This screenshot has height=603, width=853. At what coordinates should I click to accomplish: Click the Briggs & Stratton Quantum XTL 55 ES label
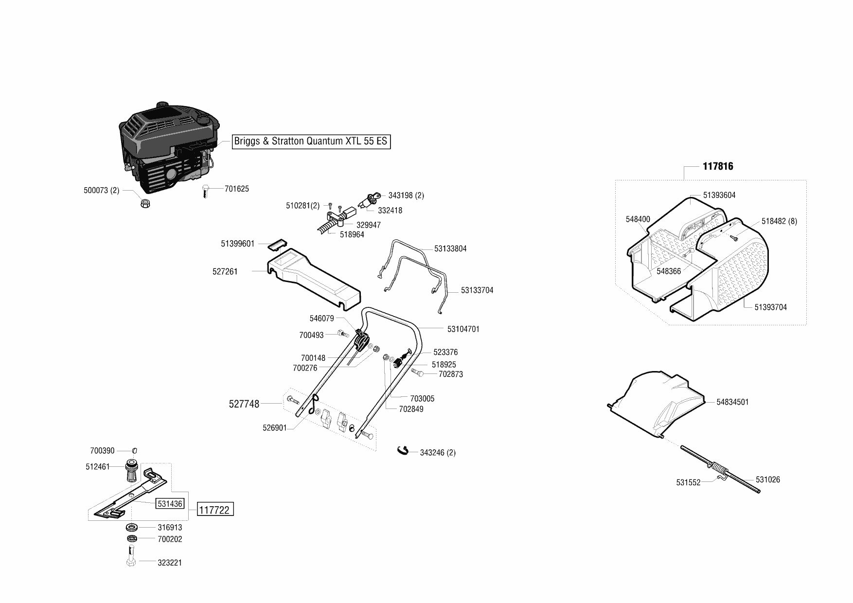point(311,142)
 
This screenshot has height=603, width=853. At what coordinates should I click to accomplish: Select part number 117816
point(718,166)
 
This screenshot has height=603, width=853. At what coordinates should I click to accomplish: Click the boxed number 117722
point(215,510)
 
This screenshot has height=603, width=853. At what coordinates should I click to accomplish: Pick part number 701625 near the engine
point(236,189)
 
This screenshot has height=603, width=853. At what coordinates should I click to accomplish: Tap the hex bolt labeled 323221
point(131,557)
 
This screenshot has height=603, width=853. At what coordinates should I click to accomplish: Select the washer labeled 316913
point(131,527)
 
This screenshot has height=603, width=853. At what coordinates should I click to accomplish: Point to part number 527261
point(225,271)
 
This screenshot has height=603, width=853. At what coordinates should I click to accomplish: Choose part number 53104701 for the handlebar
point(463,329)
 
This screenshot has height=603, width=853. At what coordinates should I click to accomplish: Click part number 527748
point(244,404)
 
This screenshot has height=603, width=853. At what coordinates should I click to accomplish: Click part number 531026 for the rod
point(768,479)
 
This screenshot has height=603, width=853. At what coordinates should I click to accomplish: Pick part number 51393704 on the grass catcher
point(770,307)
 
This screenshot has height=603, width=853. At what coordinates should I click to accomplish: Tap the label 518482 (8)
point(779,221)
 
